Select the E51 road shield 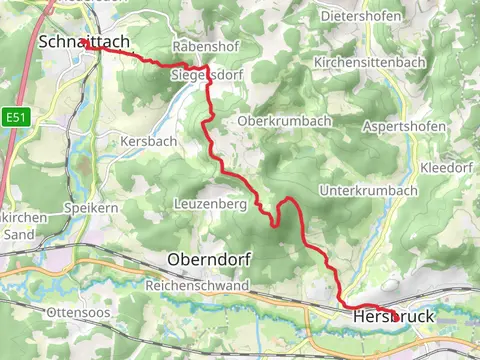click(15, 117)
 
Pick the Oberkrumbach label click(283, 121)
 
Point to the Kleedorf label click(449, 167)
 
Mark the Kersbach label click(148, 141)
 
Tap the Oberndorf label click(211, 259)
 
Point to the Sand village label click(20, 235)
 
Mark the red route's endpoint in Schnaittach click(86, 45)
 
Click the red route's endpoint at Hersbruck click(396, 317)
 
